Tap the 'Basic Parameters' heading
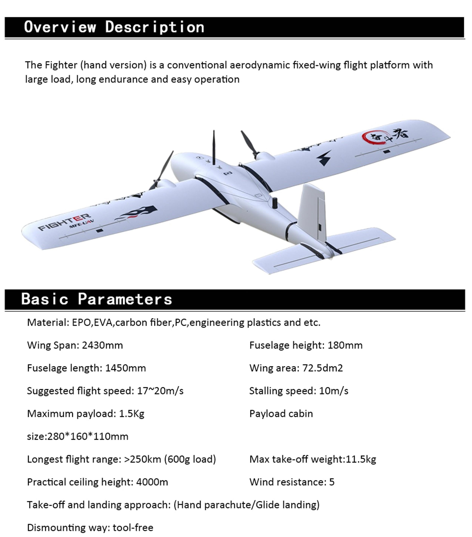[x=96, y=299]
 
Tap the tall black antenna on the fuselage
[x=214, y=147]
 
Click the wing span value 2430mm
[x=102, y=345]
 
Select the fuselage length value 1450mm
[x=125, y=368]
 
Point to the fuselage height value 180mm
[x=345, y=345]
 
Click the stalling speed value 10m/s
[x=333, y=391]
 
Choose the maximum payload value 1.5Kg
[x=132, y=414]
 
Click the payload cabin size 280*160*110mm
[x=88, y=437]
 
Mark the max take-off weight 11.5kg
[x=361, y=459]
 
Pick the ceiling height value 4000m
[x=152, y=482]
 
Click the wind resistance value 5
[x=332, y=482]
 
